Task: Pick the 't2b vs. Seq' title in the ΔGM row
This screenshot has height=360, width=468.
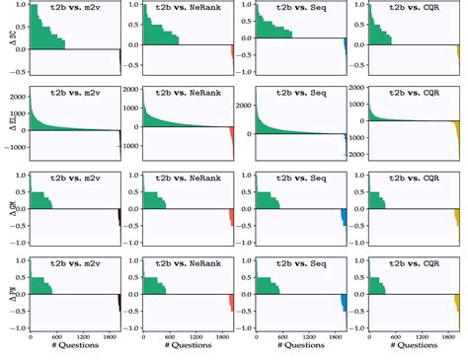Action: pyautogui.click(x=302, y=179)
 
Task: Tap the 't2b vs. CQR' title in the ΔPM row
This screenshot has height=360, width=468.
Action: pyautogui.click(x=414, y=263)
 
